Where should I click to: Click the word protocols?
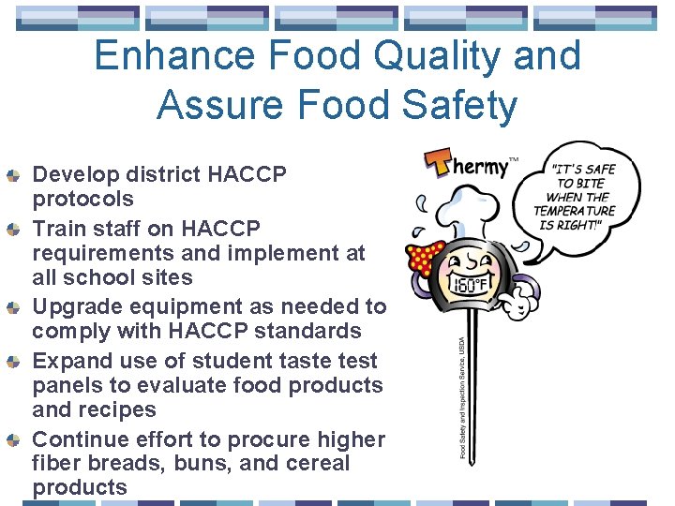[x=82, y=199]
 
